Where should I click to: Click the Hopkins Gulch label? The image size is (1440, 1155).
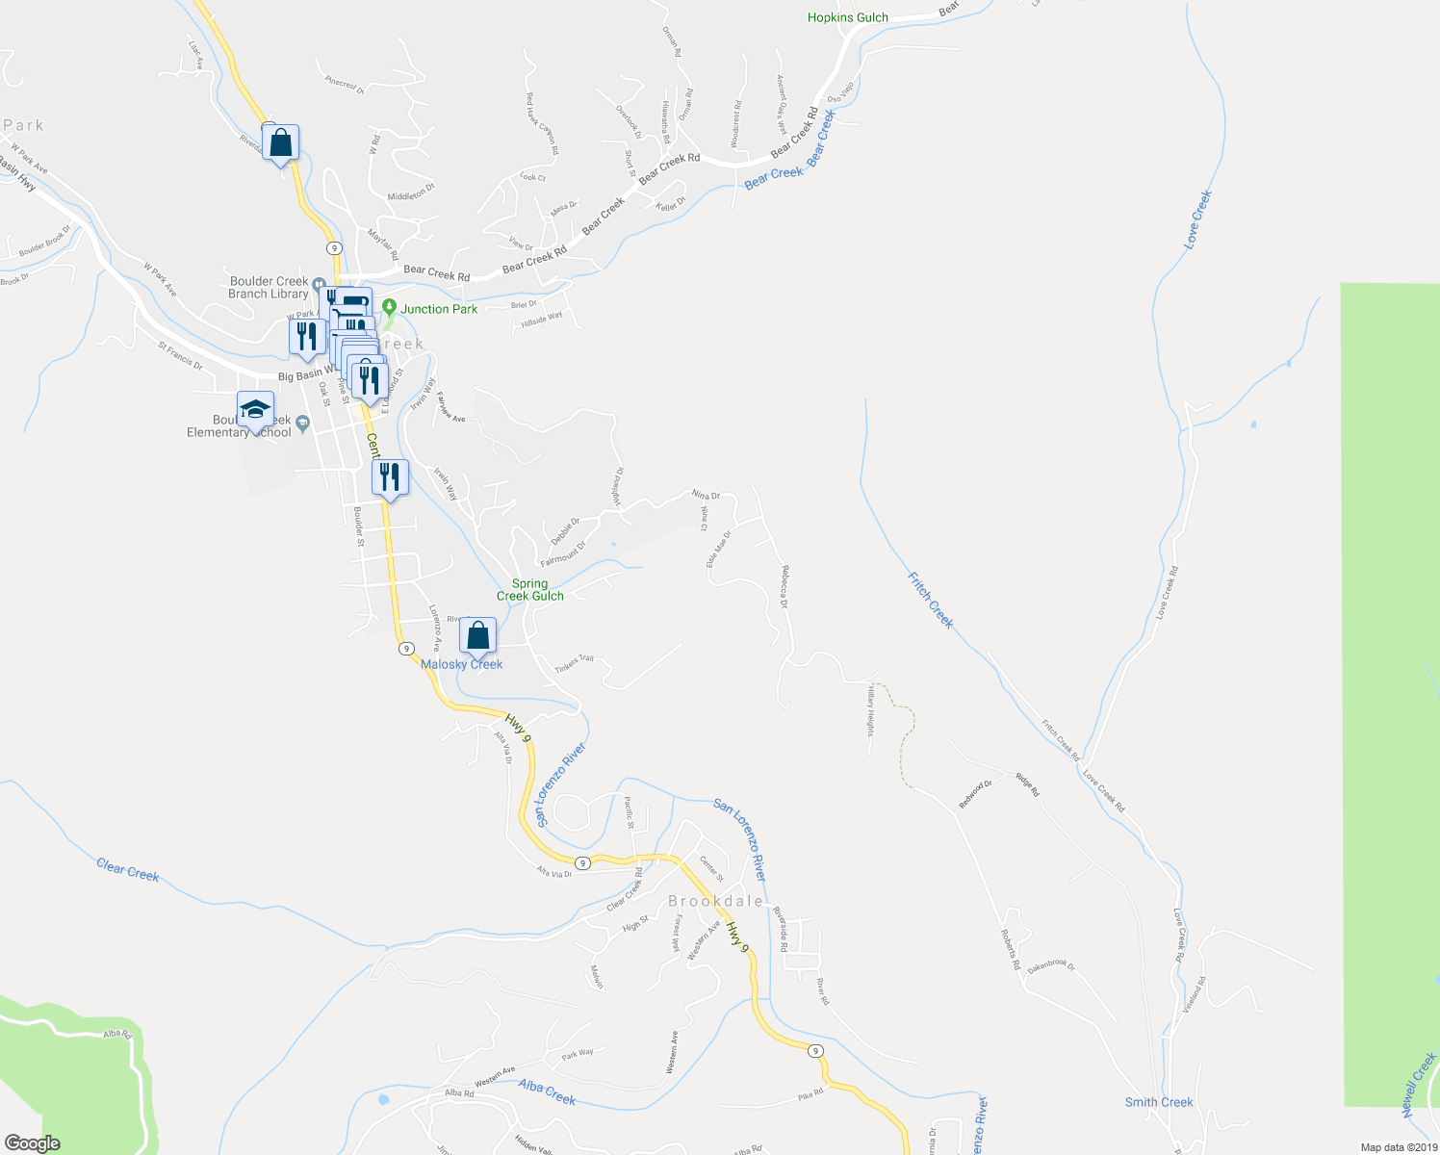coord(847,17)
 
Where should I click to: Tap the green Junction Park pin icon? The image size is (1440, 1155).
coord(389,308)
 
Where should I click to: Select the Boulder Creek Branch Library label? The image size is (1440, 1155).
coord(269,288)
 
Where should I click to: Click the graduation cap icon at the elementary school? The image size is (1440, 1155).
coord(255,410)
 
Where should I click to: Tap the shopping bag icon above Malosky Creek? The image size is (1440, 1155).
coord(477,636)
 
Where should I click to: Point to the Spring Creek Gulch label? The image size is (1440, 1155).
coord(530,590)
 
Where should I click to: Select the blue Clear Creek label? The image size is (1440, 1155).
coord(128,870)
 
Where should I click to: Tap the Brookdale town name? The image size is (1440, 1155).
coord(716,902)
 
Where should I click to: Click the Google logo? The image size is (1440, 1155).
coord(32,1143)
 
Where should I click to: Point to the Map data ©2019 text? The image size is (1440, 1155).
coord(1398,1147)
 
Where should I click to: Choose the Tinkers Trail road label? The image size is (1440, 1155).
coord(575,664)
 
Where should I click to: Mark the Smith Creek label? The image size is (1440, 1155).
coord(1159,1102)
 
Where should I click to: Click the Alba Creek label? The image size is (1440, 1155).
coord(547,1092)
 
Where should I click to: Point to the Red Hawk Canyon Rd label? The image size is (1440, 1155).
coord(542,123)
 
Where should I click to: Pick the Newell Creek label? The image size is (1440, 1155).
coord(1419,1086)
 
